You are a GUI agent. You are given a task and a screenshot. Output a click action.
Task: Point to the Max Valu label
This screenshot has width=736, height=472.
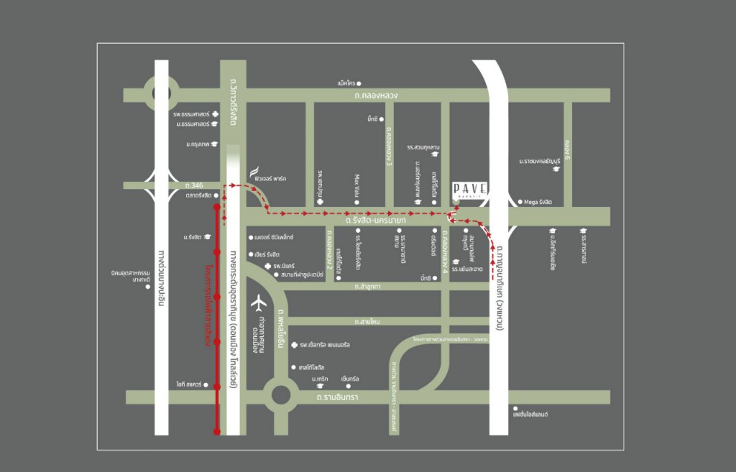tap(356, 185)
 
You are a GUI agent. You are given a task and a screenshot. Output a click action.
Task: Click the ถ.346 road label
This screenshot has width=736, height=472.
tap(193, 185)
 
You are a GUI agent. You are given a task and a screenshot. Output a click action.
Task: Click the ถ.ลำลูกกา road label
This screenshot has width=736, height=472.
tap(367, 286)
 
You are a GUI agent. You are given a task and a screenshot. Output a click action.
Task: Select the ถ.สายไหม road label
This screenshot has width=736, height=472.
tap(367, 322)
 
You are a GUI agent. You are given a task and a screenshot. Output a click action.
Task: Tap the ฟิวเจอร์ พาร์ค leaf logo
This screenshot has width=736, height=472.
tap(254, 173)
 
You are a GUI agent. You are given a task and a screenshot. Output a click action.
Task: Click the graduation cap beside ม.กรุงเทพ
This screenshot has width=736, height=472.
tap(214, 144)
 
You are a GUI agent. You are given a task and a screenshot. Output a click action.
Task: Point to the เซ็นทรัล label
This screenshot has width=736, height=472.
tap(350, 378)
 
